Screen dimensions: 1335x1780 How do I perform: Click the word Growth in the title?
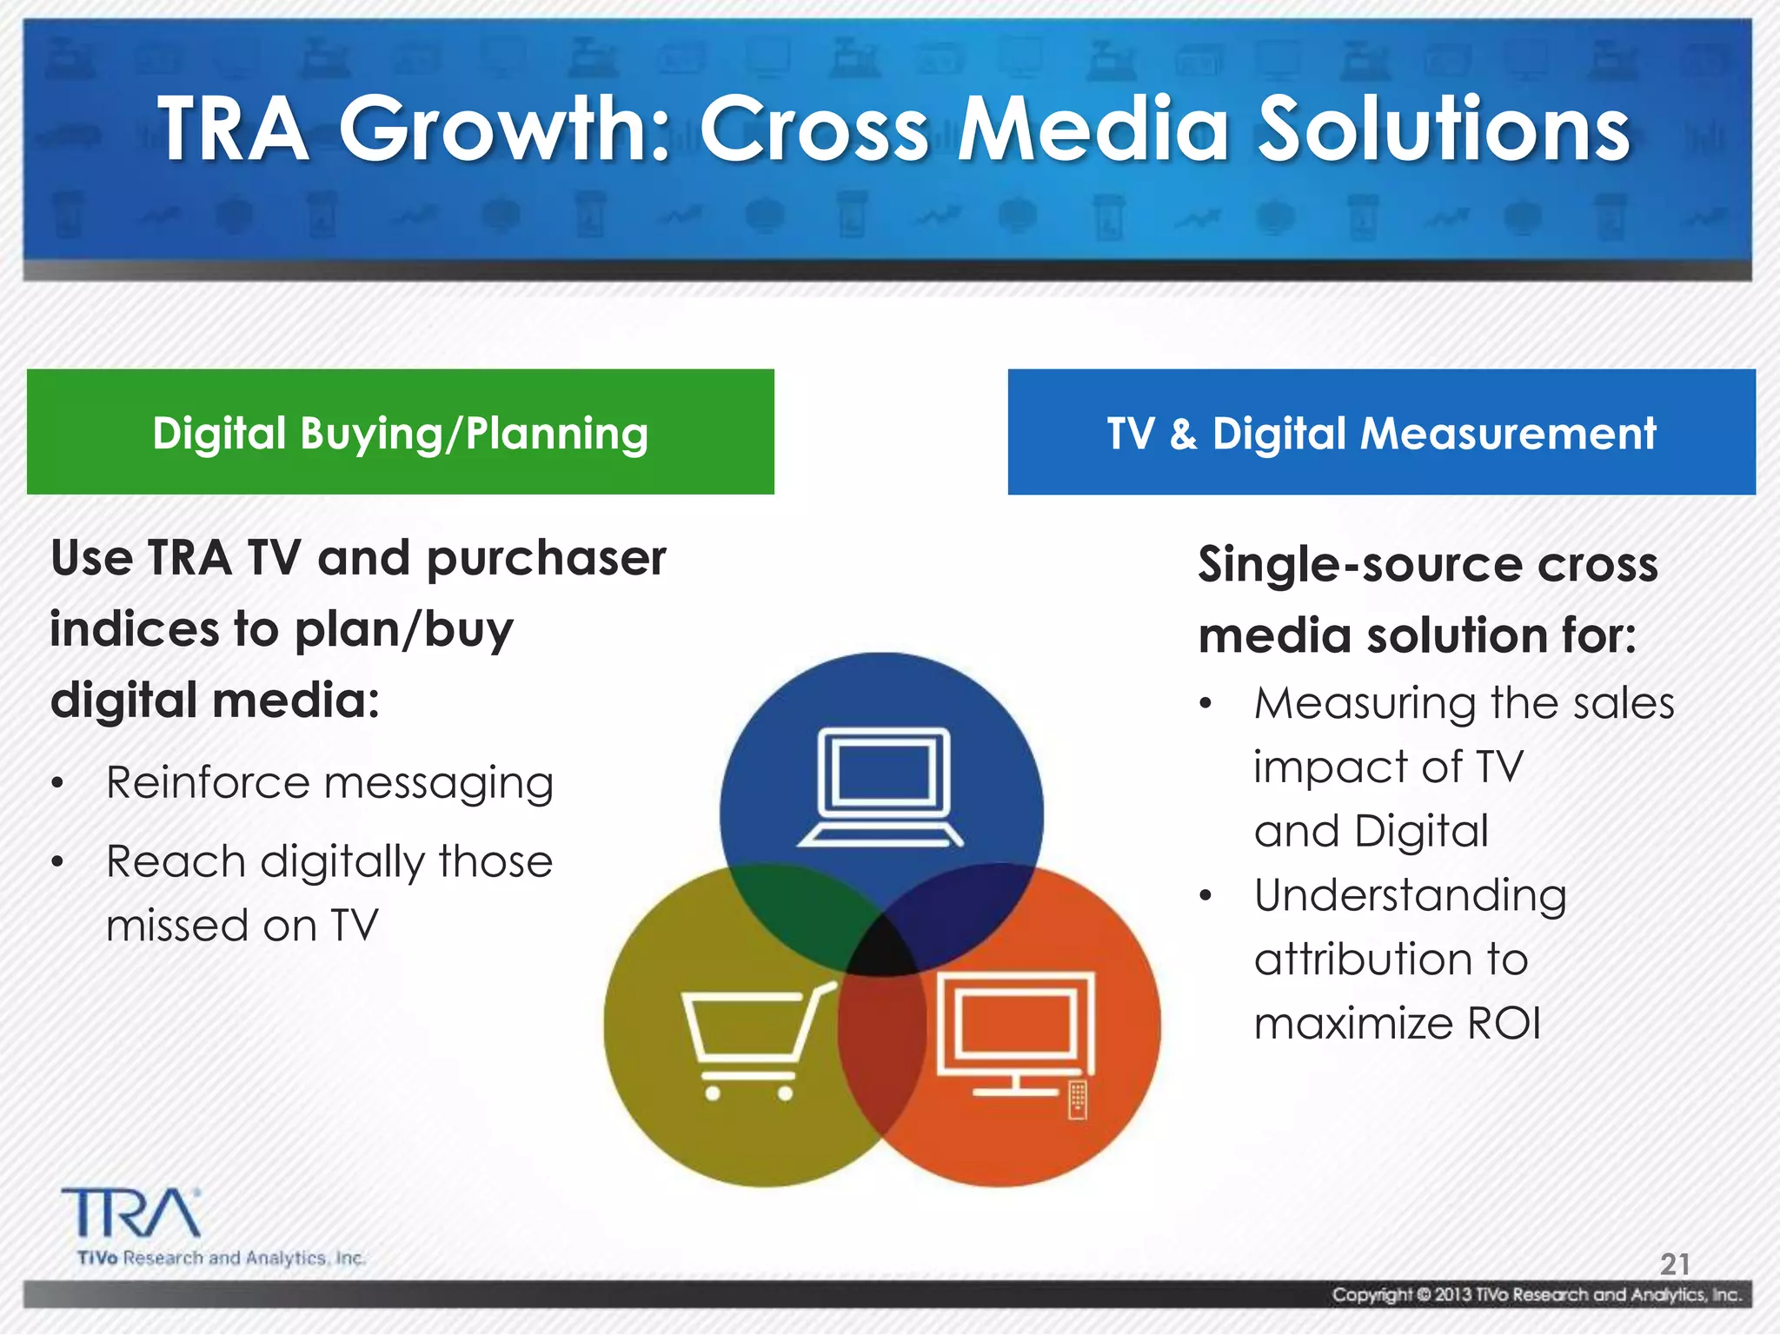(504, 130)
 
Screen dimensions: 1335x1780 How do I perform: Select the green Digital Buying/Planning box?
(400, 432)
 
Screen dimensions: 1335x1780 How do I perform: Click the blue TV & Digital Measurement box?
(1381, 432)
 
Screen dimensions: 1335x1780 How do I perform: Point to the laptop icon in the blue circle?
(880, 787)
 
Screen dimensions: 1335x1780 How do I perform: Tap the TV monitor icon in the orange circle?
(1014, 1030)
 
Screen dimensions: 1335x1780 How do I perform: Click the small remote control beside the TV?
(1078, 1099)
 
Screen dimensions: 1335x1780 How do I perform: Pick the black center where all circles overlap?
(882, 949)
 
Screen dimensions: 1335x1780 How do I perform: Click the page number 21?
(1675, 1263)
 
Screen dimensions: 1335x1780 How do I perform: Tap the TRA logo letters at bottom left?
(130, 1213)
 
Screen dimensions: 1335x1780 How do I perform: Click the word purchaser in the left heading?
(546, 559)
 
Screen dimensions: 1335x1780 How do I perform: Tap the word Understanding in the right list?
(1410, 895)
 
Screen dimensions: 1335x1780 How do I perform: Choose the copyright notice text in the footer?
(1537, 1295)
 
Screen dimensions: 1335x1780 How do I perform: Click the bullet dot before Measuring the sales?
(1205, 704)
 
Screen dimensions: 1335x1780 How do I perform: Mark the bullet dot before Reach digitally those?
(57, 862)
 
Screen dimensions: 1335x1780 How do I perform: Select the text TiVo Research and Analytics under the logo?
(221, 1258)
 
